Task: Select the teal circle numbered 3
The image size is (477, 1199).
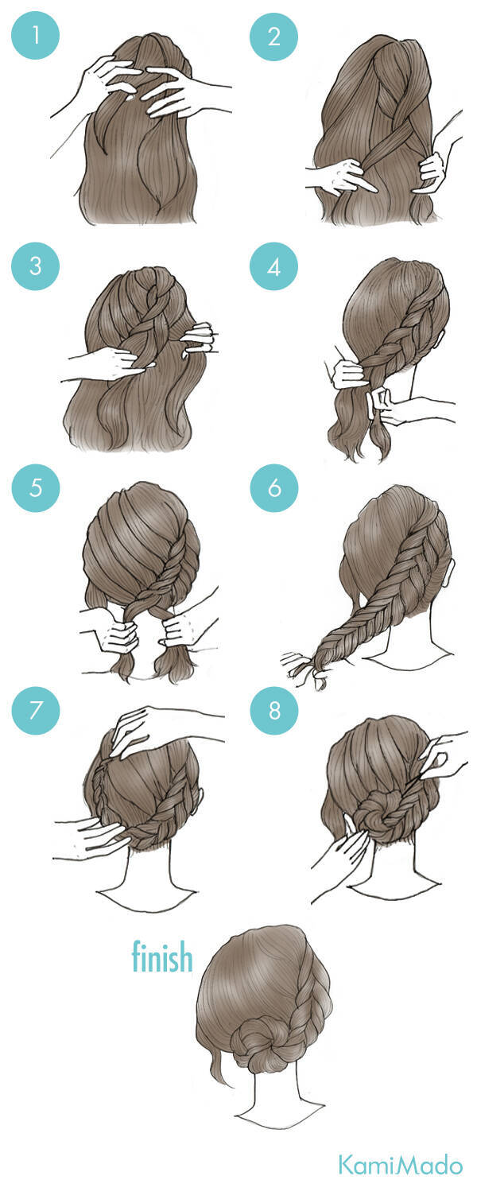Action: [35, 266]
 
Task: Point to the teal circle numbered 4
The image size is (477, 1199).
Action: [273, 266]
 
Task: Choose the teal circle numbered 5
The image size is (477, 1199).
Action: [35, 487]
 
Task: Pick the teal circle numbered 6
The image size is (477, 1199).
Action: [273, 487]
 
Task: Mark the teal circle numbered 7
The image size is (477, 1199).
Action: [35, 710]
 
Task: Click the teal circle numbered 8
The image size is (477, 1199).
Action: [273, 710]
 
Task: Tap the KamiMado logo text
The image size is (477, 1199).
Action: [400, 1165]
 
